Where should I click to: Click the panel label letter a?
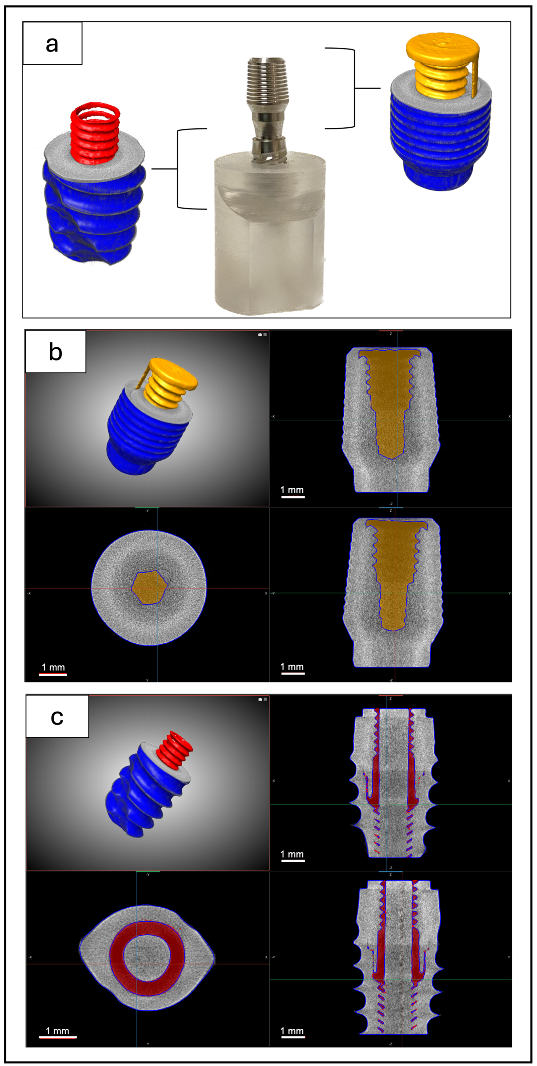pos(52,43)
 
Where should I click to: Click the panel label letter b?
pos(56,352)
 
